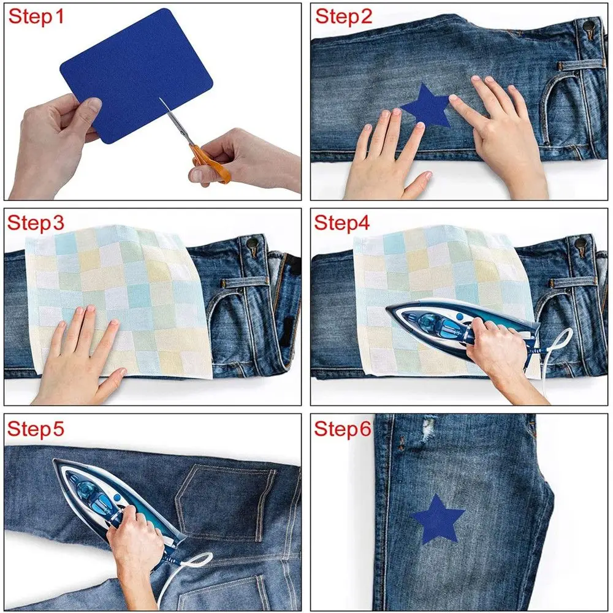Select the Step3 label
point(36,224)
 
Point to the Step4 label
point(343,224)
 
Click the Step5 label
point(36,429)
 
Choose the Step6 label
point(343,429)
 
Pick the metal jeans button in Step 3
point(251,244)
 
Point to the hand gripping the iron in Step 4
point(497,343)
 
